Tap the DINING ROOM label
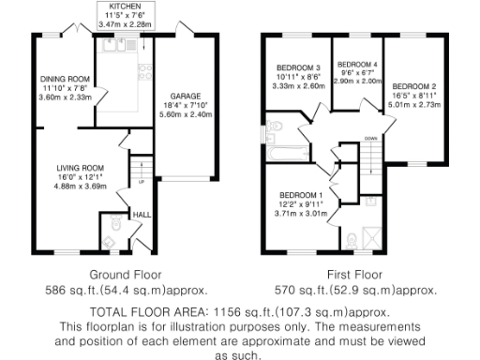coord(64,79)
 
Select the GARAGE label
coord(183,95)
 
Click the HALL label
coord(142,215)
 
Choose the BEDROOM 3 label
coord(298,67)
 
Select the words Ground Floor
coord(120,275)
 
